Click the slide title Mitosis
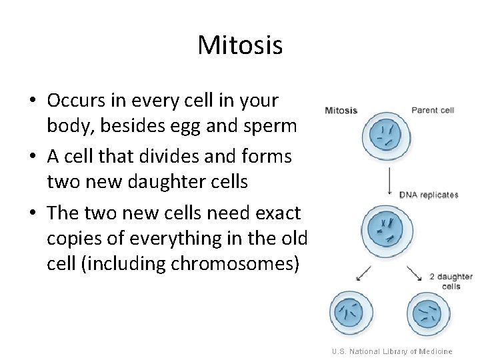[x=240, y=45]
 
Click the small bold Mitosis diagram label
[x=341, y=111]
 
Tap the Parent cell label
[x=433, y=110]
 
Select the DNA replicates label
[x=429, y=195]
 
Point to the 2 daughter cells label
[x=451, y=281]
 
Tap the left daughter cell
[x=353, y=313]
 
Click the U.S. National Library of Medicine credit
[x=393, y=351]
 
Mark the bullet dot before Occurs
[x=32, y=101]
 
